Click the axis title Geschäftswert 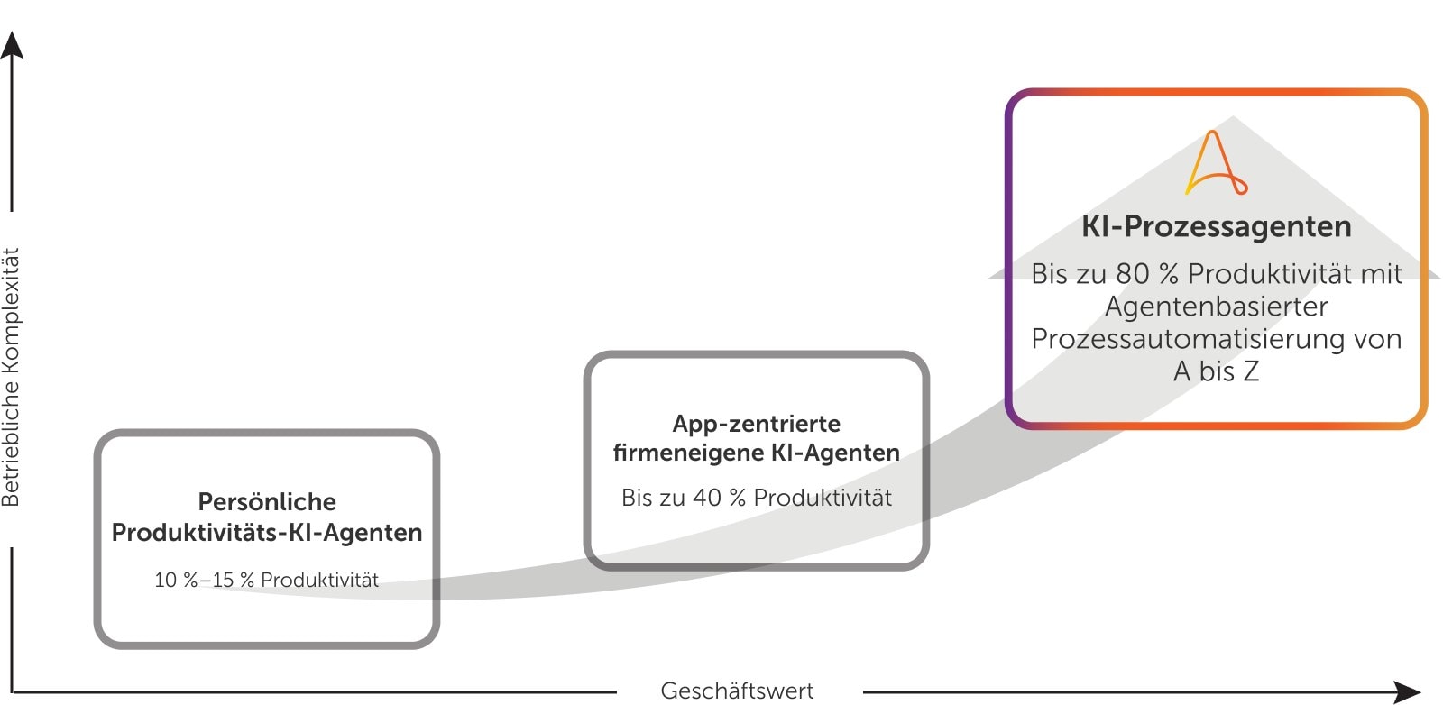pos(737,691)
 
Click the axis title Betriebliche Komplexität pos(11,377)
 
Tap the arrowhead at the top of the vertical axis pos(12,44)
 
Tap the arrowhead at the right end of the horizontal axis pos(1407,691)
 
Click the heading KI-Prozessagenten pos(1216,226)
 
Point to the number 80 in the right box pos(1132,273)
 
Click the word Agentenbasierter pos(1216,307)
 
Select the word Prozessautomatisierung pos(1176,339)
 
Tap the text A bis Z pos(1216,371)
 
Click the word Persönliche pos(267,502)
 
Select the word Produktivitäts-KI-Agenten pos(267,533)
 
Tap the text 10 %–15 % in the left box pos(204,581)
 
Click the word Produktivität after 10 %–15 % pos(319,581)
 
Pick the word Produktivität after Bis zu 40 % pos(823,498)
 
